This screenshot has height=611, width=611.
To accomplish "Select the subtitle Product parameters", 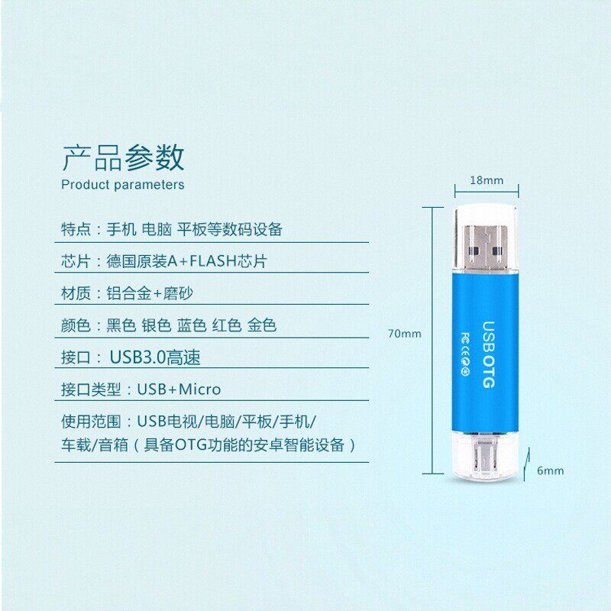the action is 123,185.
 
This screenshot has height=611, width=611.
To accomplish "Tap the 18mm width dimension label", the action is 487,181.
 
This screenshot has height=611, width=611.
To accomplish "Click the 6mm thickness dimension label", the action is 550,470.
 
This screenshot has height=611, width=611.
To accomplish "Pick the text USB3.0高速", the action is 155,357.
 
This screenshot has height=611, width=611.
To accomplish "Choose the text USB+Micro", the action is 179,390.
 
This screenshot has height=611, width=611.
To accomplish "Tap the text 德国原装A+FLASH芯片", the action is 186,261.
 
